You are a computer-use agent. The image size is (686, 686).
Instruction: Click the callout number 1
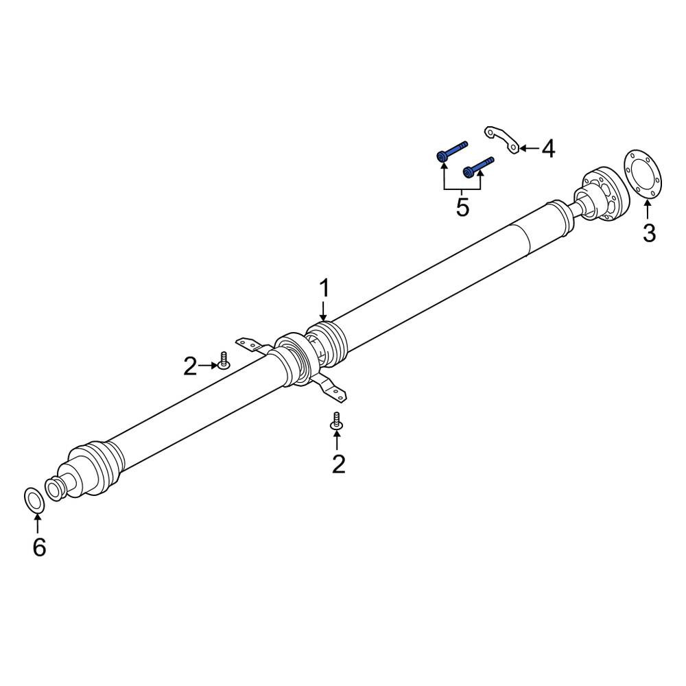(x=324, y=289)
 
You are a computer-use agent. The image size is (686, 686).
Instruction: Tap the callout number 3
(x=649, y=233)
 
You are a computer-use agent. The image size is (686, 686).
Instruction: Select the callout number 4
(x=548, y=149)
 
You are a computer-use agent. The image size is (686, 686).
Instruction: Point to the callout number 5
(x=462, y=207)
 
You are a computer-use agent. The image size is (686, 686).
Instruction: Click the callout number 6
(x=39, y=547)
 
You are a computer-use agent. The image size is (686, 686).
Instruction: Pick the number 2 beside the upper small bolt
(x=190, y=366)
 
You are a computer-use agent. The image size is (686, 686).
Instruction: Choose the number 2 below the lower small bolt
(x=339, y=464)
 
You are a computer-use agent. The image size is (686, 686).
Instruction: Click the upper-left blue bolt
(x=452, y=150)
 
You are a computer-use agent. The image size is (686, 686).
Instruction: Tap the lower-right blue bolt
(x=478, y=167)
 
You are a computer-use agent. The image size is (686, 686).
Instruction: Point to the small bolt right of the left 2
(x=224, y=361)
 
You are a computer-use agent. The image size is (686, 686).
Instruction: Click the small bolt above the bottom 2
(x=336, y=421)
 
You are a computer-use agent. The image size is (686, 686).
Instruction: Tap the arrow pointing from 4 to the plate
(x=529, y=148)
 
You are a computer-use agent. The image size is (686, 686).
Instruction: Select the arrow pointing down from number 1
(x=324, y=311)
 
